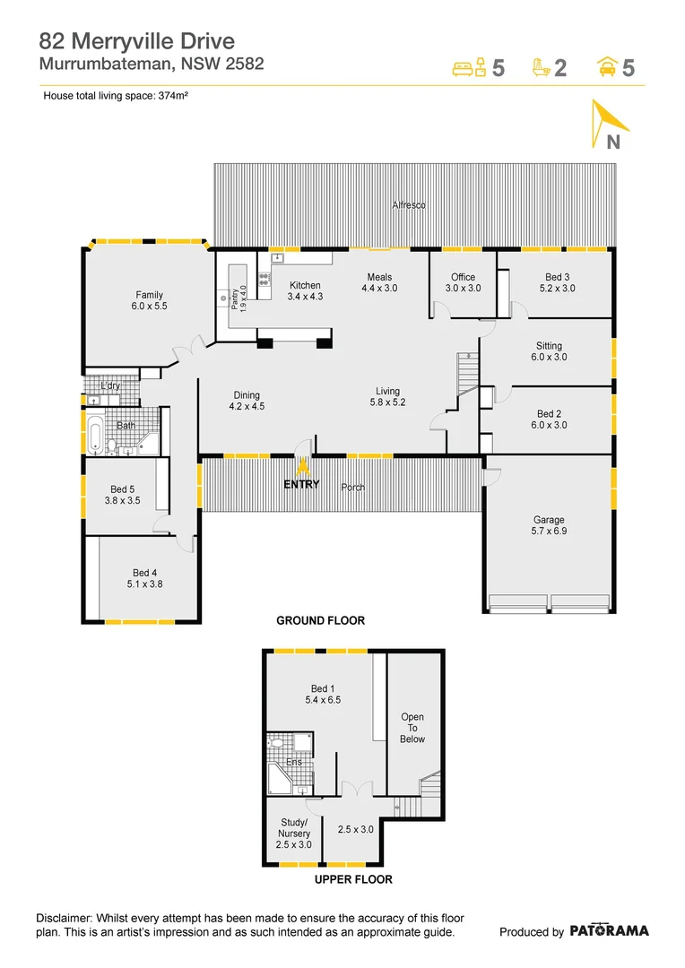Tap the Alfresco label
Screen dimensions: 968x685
pos(408,205)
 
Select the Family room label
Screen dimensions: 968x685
pos(150,300)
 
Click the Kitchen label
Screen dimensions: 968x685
pos(304,290)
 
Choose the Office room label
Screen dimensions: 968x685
pos(464,282)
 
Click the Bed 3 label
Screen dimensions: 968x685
pos(557,282)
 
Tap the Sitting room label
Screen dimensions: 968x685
pos(549,351)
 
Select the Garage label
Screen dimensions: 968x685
pos(549,525)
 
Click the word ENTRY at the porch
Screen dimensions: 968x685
pos(302,485)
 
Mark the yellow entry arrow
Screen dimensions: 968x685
pos(303,465)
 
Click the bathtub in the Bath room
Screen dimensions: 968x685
pos(94,434)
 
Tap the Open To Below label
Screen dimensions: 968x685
pos(412,728)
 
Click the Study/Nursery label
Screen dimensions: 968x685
pos(293,834)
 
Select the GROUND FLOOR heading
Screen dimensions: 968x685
pos(320,620)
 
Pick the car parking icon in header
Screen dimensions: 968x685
pos(607,67)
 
